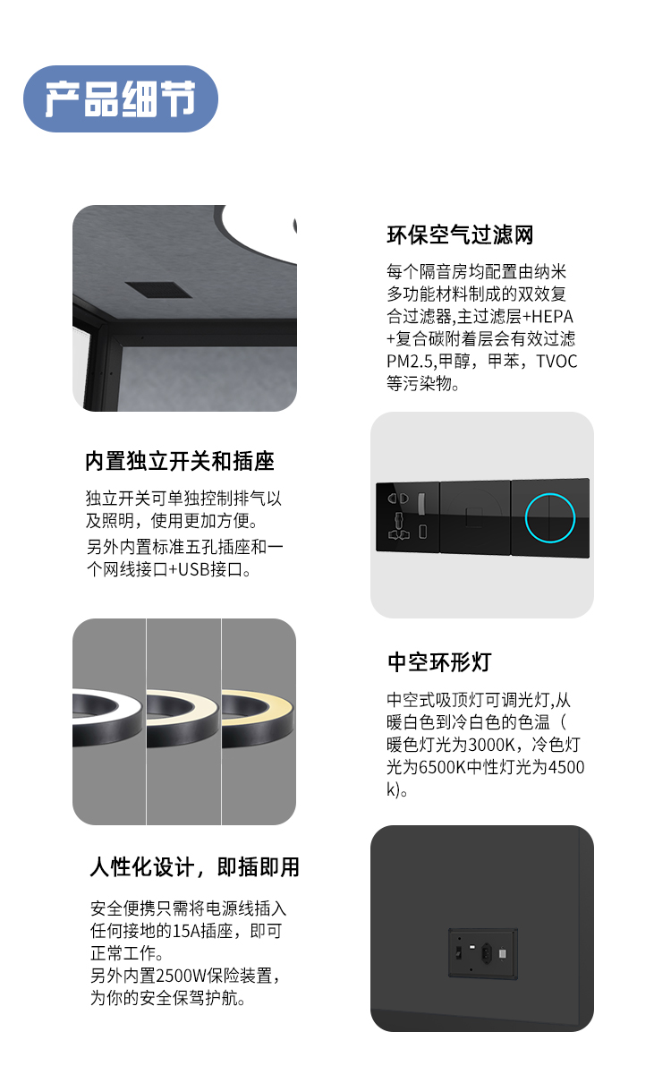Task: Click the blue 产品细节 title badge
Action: point(121,99)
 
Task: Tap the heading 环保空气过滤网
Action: point(460,235)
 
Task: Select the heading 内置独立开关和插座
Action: point(179,462)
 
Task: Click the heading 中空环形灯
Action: point(439,663)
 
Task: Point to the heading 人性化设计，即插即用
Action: point(194,867)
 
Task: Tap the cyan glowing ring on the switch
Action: point(549,516)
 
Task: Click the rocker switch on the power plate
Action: point(459,950)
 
